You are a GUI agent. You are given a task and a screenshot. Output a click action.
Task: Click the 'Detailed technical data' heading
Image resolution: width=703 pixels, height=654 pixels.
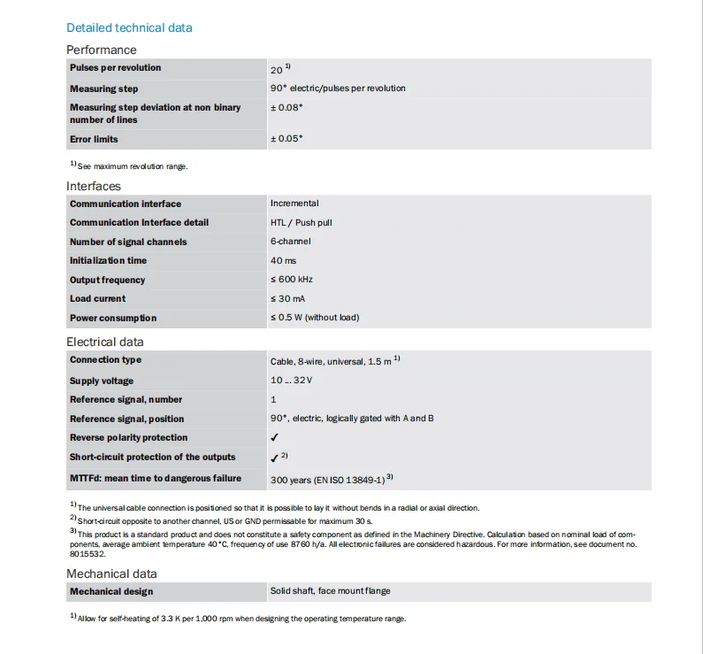[x=129, y=27]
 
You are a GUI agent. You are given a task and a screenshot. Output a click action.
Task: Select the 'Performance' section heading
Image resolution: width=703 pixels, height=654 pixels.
[x=102, y=50]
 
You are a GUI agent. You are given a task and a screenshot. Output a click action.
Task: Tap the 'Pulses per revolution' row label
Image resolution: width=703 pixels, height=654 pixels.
[x=116, y=68]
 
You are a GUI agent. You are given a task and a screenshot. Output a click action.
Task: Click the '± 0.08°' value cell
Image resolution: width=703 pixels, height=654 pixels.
[x=287, y=107]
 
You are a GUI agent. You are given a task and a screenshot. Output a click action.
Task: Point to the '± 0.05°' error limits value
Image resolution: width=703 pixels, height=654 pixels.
[x=287, y=139]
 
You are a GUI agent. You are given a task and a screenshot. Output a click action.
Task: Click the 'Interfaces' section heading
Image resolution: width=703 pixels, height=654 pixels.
[x=94, y=186]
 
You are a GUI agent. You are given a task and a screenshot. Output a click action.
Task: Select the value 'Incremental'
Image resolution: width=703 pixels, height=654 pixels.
[x=294, y=204]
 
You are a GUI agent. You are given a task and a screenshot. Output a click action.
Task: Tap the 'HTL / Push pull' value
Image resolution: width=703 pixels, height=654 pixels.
[x=302, y=222]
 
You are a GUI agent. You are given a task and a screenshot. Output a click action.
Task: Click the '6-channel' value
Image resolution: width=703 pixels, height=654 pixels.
[x=291, y=242]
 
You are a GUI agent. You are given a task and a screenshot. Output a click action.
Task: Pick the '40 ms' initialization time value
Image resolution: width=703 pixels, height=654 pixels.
[x=283, y=261]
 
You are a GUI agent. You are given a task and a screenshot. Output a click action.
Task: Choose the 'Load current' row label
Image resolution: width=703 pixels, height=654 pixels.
[x=98, y=299]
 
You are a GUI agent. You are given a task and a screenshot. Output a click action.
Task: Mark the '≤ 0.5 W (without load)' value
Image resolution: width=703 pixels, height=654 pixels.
[x=315, y=318]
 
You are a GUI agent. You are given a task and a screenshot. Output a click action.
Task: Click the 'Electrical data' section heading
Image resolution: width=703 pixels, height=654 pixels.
[x=105, y=342]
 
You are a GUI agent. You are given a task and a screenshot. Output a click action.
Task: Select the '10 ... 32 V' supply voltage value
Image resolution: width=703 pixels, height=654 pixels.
[x=291, y=381]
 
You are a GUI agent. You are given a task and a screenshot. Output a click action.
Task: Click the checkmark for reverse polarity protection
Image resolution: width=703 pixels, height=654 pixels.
[x=275, y=437]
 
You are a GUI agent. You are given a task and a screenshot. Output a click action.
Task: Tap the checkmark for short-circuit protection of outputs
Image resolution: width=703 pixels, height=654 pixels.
[x=275, y=458]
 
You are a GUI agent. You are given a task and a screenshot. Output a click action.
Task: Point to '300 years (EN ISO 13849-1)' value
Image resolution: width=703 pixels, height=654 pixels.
[x=326, y=479]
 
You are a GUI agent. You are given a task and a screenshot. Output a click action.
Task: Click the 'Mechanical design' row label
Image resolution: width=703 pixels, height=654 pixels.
[x=111, y=591]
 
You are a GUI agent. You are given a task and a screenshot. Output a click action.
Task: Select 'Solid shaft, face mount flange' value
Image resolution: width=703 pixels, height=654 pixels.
[x=330, y=591]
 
